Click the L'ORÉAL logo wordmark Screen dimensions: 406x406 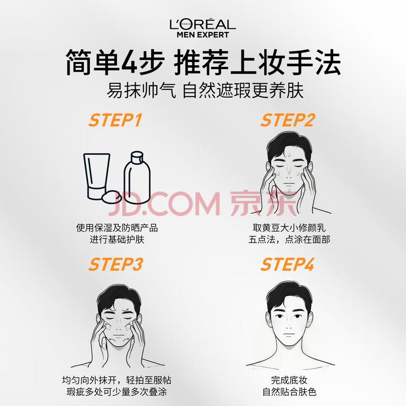tap(202, 24)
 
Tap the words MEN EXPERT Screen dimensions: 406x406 tap(202, 35)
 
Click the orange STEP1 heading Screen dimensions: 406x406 tap(116, 120)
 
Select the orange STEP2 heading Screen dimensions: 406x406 tap(288, 120)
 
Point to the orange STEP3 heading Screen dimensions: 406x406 tap(116, 264)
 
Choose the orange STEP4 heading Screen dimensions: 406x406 tap(288, 264)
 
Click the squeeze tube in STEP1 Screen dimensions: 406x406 tap(96, 176)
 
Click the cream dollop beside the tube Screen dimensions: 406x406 tap(112, 197)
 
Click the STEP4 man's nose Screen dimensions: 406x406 tap(289, 326)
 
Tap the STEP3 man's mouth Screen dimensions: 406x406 tap(119, 336)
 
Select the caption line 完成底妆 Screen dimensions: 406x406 tap(289, 380)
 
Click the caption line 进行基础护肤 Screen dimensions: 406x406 tap(117, 239)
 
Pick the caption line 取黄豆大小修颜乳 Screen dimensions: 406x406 tap(289, 228)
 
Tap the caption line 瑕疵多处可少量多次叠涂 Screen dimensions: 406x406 tap(117, 392)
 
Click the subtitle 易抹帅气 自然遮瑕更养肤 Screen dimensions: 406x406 tap(205, 91)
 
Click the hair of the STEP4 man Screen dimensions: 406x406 tap(289, 295)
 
